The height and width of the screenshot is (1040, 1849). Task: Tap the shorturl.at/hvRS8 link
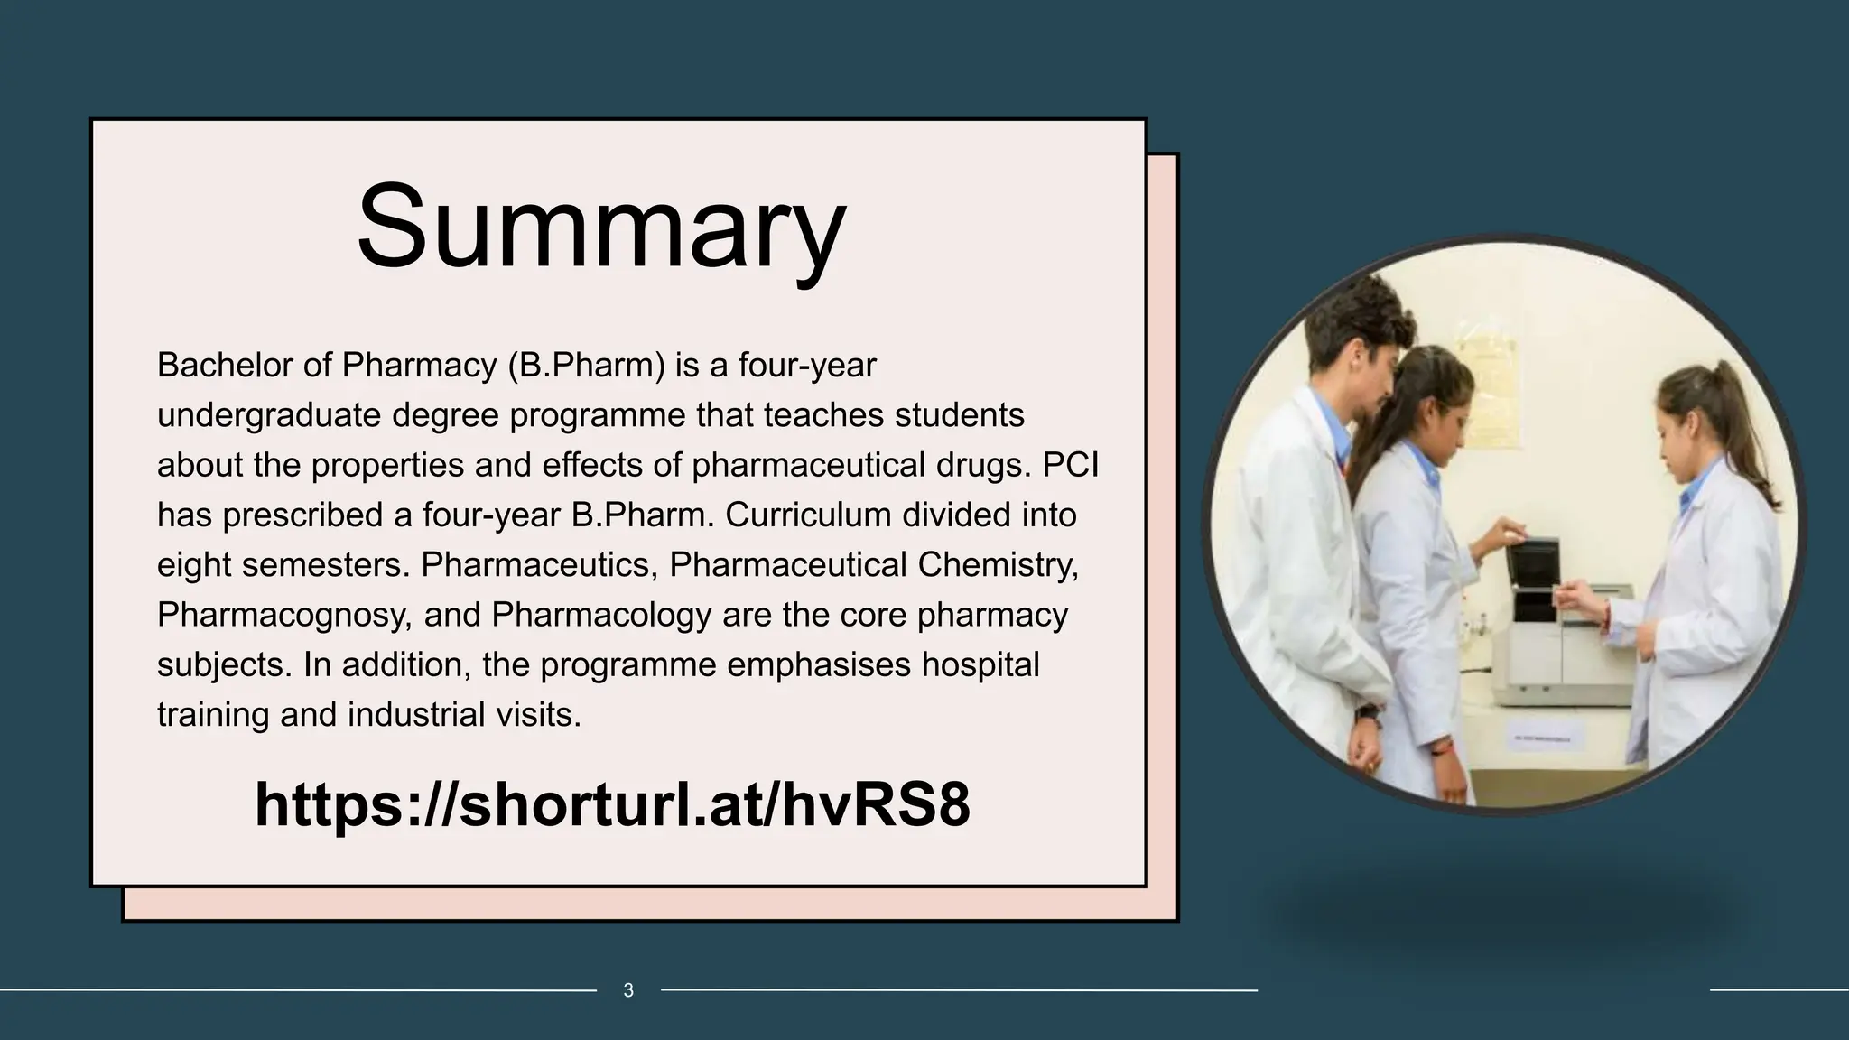point(612,803)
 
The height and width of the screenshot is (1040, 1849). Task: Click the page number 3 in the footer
point(628,990)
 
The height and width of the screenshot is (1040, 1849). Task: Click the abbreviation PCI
point(1071,465)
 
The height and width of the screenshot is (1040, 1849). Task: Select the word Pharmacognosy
point(284,615)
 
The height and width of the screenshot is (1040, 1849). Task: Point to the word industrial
point(417,714)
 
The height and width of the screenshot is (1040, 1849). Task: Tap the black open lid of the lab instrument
point(1532,578)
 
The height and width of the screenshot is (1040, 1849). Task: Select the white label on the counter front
point(1547,739)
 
